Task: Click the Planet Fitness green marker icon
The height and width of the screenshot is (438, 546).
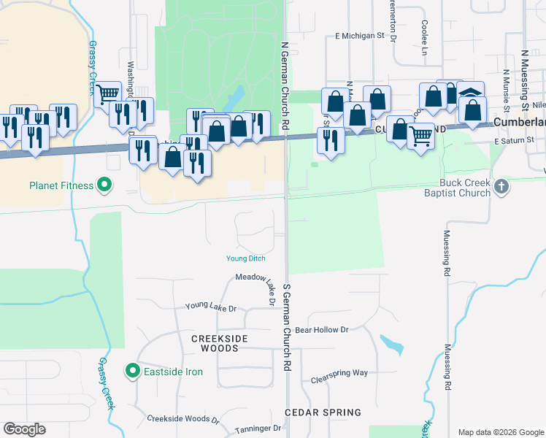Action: tap(104, 185)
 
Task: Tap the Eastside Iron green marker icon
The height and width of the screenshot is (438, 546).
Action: tap(132, 372)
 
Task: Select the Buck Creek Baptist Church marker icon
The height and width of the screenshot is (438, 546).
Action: tap(501, 186)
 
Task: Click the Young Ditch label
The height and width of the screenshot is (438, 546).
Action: tap(246, 258)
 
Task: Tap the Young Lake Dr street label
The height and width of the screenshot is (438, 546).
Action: tap(211, 307)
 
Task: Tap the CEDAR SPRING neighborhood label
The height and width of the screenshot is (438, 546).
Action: tap(323, 412)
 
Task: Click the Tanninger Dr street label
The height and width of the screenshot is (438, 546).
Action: tap(257, 429)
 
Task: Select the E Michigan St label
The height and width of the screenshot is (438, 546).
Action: tap(360, 35)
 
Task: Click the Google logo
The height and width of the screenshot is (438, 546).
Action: tap(24, 429)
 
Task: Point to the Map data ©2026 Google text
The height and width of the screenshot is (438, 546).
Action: tap(501, 432)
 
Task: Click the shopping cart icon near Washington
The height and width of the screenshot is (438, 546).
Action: tap(107, 93)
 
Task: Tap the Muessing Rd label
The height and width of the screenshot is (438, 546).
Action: tap(447, 254)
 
